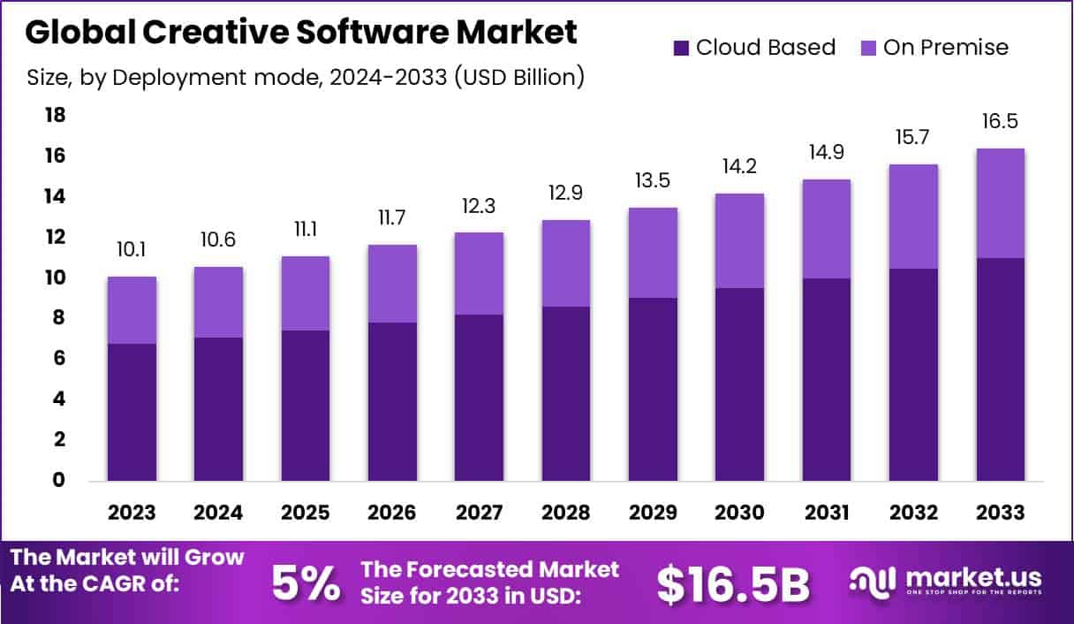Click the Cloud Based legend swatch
(681, 48)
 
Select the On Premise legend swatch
(866, 48)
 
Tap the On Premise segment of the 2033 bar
(1001, 203)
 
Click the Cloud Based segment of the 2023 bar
(132, 412)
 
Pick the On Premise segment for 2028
(565, 263)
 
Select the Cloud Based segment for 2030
(739, 384)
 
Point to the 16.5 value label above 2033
(1001, 121)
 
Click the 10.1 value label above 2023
(132, 250)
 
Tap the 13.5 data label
(653, 181)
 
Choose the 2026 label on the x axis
(392, 514)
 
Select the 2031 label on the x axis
(827, 514)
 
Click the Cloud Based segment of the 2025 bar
(305, 406)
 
